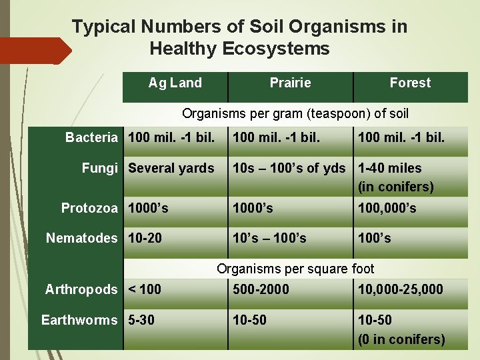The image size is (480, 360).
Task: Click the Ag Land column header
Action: point(175,83)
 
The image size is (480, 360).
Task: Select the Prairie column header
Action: point(290,83)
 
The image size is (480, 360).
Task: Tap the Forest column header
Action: point(410,83)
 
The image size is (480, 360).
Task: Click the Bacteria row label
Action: point(91,138)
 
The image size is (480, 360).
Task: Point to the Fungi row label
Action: point(99,169)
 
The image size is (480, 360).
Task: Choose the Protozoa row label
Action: point(89,209)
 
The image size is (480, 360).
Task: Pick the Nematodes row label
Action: point(81,238)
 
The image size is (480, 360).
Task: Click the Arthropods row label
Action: point(81,289)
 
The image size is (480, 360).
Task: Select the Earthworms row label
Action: point(79,320)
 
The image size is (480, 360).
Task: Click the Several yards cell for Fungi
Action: point(171,169)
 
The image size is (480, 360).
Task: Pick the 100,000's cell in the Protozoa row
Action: point(387,209)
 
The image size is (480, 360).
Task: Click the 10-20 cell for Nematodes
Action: point(145,238)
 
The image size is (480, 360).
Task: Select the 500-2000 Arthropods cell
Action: point(261,289)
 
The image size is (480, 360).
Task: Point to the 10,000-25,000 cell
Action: point(400,289)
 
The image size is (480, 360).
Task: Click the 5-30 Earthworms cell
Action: point(141,320)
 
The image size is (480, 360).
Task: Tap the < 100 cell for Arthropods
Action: point(145,289)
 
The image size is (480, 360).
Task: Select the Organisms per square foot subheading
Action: point(295,269)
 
